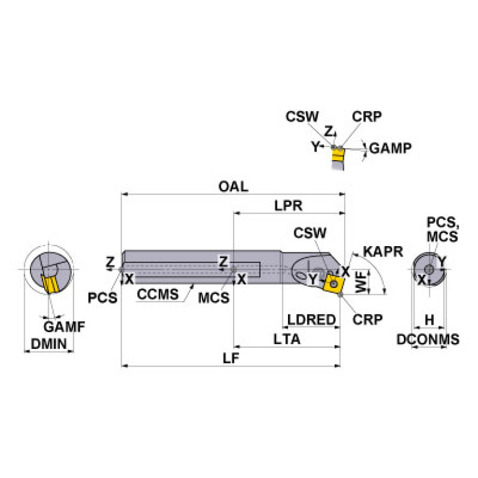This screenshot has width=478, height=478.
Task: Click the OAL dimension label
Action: coord(233,186)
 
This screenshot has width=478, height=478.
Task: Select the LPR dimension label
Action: coord(288,206)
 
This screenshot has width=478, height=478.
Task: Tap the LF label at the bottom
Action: coord(231,358)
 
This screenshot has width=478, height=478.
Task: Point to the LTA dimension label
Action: coord(287,339)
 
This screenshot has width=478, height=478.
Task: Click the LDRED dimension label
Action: coord(311,320)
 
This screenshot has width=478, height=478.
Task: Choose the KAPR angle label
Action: coord(383,252)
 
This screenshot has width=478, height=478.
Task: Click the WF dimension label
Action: coord(361,282)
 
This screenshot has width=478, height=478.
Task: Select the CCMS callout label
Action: coord(158,295)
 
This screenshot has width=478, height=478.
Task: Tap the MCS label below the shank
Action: coord(214,298)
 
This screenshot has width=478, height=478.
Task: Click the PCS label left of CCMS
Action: coord(102,298)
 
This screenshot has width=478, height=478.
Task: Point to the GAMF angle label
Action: coord(64,327)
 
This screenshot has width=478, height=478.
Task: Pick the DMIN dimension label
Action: coord(49,344)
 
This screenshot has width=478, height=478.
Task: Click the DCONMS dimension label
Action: coord(428,339)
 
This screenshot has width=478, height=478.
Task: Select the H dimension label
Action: coord(429,320)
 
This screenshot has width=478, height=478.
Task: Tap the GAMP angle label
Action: coord(391,148)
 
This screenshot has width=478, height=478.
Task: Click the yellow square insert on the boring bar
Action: coord(333,284)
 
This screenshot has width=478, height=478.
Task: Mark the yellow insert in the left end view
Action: coord(49,284)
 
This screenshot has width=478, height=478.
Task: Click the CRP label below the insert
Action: coord(367,320)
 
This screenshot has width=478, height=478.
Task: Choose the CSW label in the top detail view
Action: coord(302,117)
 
